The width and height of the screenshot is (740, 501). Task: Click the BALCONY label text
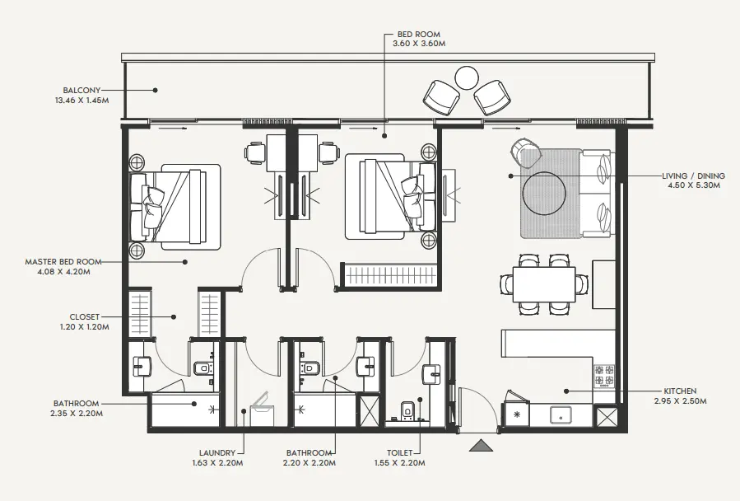click(x=82, y=90)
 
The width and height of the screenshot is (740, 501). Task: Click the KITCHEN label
click(x=681, y=391)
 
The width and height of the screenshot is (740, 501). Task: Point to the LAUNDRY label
click(x=217, y=452)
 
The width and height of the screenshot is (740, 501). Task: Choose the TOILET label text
click(x=406, y=452)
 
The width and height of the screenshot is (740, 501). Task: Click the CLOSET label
click(x=85, y=316)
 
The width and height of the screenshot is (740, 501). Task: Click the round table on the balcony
click(x=467, y=78)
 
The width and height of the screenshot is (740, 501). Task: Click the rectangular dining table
click(x=544, y=284)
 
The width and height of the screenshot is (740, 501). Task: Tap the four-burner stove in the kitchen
click(x=604, y=376)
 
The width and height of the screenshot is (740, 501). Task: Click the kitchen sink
click(x=561, y=414)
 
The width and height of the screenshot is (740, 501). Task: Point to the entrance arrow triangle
click(x=481, y=446)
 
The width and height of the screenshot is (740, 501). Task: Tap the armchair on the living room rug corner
click(x=526, y=152)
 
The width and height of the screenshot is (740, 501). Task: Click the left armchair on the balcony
click(x=441, y=98)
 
